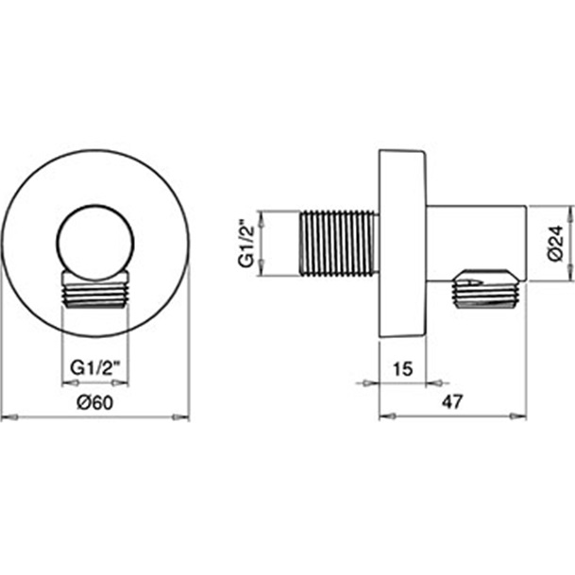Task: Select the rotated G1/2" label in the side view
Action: (x=245, y=245)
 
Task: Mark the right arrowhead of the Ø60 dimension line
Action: (x=184, y=417)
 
